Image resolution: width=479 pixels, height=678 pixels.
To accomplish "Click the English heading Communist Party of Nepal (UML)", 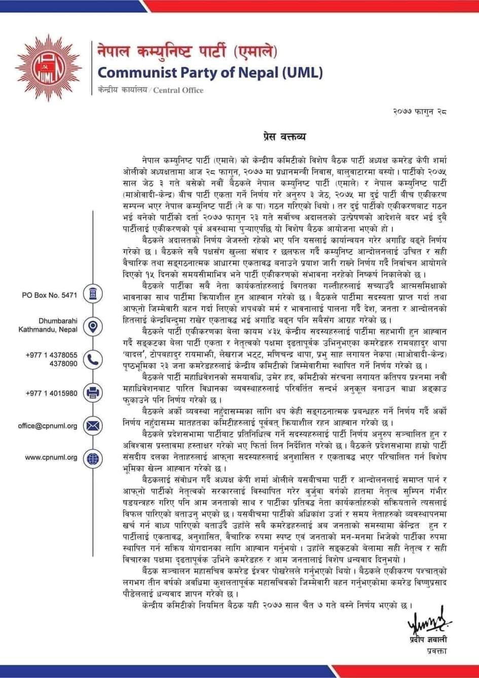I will pos(209,72).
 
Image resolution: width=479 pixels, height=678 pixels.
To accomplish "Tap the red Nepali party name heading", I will pos(188,52).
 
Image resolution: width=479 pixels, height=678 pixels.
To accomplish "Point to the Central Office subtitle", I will pos(151,90).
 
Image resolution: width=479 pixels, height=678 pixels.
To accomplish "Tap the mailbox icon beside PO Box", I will pos(92,295).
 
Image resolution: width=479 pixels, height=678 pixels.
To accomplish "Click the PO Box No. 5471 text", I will pos(49,295).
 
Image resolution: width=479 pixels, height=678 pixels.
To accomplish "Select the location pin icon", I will pos(92,327).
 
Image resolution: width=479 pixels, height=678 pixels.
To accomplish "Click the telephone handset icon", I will pos(92,360).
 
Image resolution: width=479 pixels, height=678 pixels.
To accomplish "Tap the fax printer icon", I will pos(92,393).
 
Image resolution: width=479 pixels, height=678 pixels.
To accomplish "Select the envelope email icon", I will pos(92,425).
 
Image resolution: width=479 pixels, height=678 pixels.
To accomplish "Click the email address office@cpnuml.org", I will pos(48,426).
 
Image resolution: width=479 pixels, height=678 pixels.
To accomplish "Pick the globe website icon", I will pos(92,458).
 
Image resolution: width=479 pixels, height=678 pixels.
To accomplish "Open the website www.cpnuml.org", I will pos(51,458).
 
